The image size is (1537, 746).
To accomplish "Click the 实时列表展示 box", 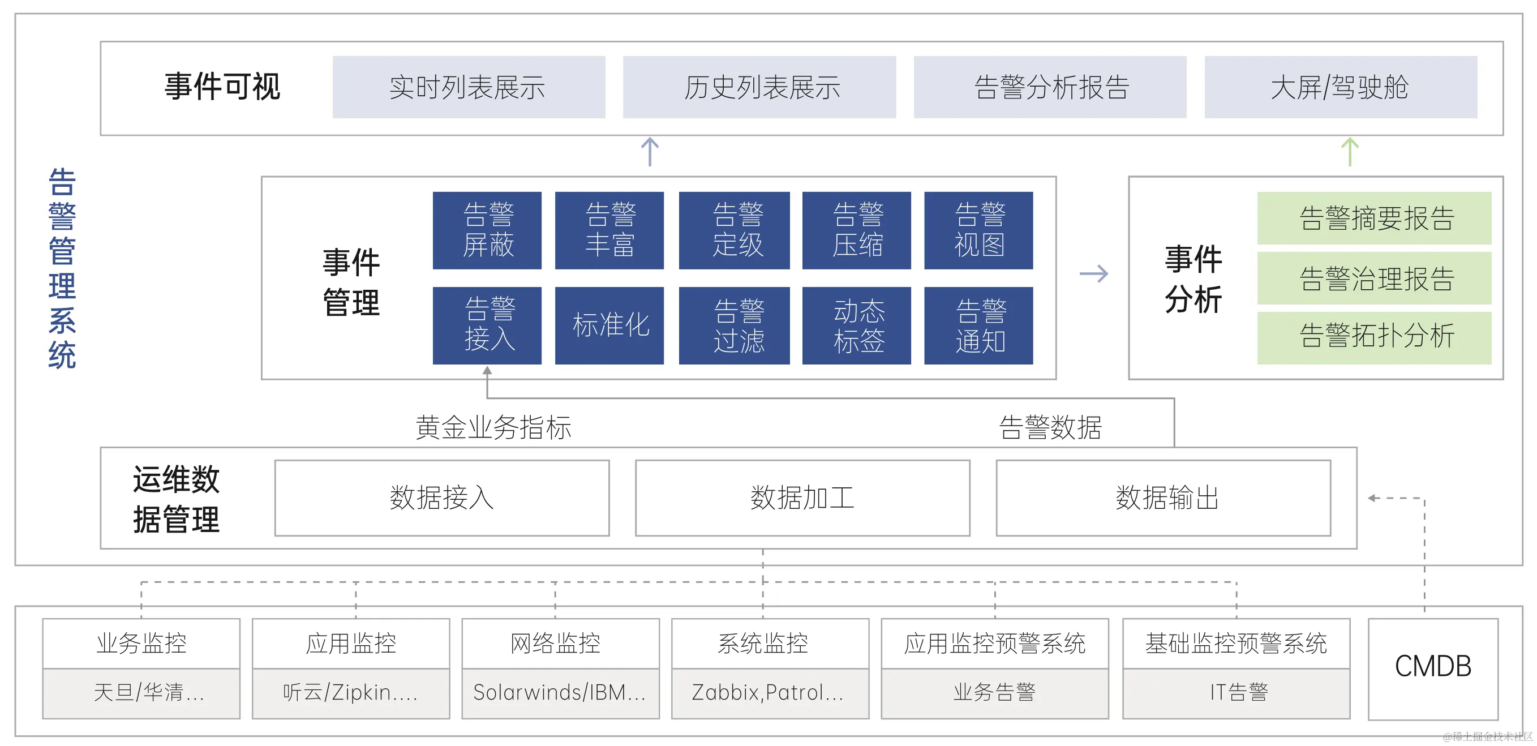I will click(469, 87).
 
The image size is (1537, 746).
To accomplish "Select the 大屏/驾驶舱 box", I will click(1340, 87).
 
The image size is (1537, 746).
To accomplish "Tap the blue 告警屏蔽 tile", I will click(487, 230).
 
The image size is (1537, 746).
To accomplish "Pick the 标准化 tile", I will click(609, 325).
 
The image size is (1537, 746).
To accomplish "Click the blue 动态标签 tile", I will click(856, 325).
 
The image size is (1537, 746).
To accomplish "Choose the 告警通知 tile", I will click(978, 325).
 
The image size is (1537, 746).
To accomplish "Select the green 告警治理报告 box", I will click(1373, 278).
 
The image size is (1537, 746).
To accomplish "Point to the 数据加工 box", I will click(802, 498).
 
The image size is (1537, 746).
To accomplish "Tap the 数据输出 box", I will click(1163, 498).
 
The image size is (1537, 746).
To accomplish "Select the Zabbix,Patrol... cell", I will click(770, 693).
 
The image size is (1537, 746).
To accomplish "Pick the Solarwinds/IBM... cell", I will click(560, 693).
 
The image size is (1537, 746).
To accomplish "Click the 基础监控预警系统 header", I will click(1236, 644).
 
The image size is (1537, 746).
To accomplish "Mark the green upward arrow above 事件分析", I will click(1350, 152).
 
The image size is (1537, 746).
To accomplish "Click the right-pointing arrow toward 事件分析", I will click(1094, 274).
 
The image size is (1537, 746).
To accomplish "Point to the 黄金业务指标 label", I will click(493, 427).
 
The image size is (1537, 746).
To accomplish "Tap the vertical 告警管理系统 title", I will click(62, 268).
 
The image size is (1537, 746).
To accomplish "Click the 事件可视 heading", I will click(222, 87).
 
